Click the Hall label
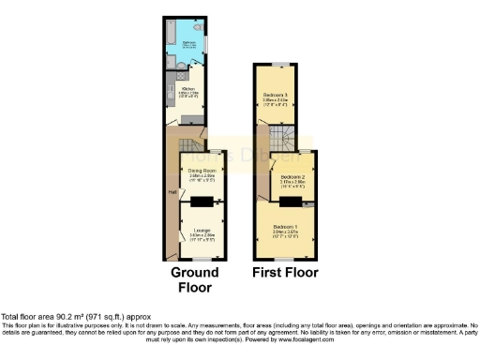point(172,192)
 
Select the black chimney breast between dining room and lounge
point(202,201)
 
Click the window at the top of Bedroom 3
point(278,63)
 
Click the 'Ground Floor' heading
point(195,273)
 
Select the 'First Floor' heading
point(284,273)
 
